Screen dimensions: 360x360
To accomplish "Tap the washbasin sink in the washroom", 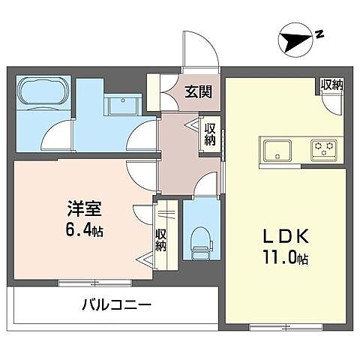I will point(118,106).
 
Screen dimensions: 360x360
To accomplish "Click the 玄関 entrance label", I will point(198,93).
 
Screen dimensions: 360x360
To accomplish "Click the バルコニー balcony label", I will point(116,305).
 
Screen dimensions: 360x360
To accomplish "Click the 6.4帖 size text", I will point(82,230).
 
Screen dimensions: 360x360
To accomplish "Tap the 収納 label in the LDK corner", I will point(331,85).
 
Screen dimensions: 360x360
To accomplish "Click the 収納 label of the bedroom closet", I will point(160,241).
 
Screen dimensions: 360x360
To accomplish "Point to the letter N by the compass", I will point(319,34).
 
